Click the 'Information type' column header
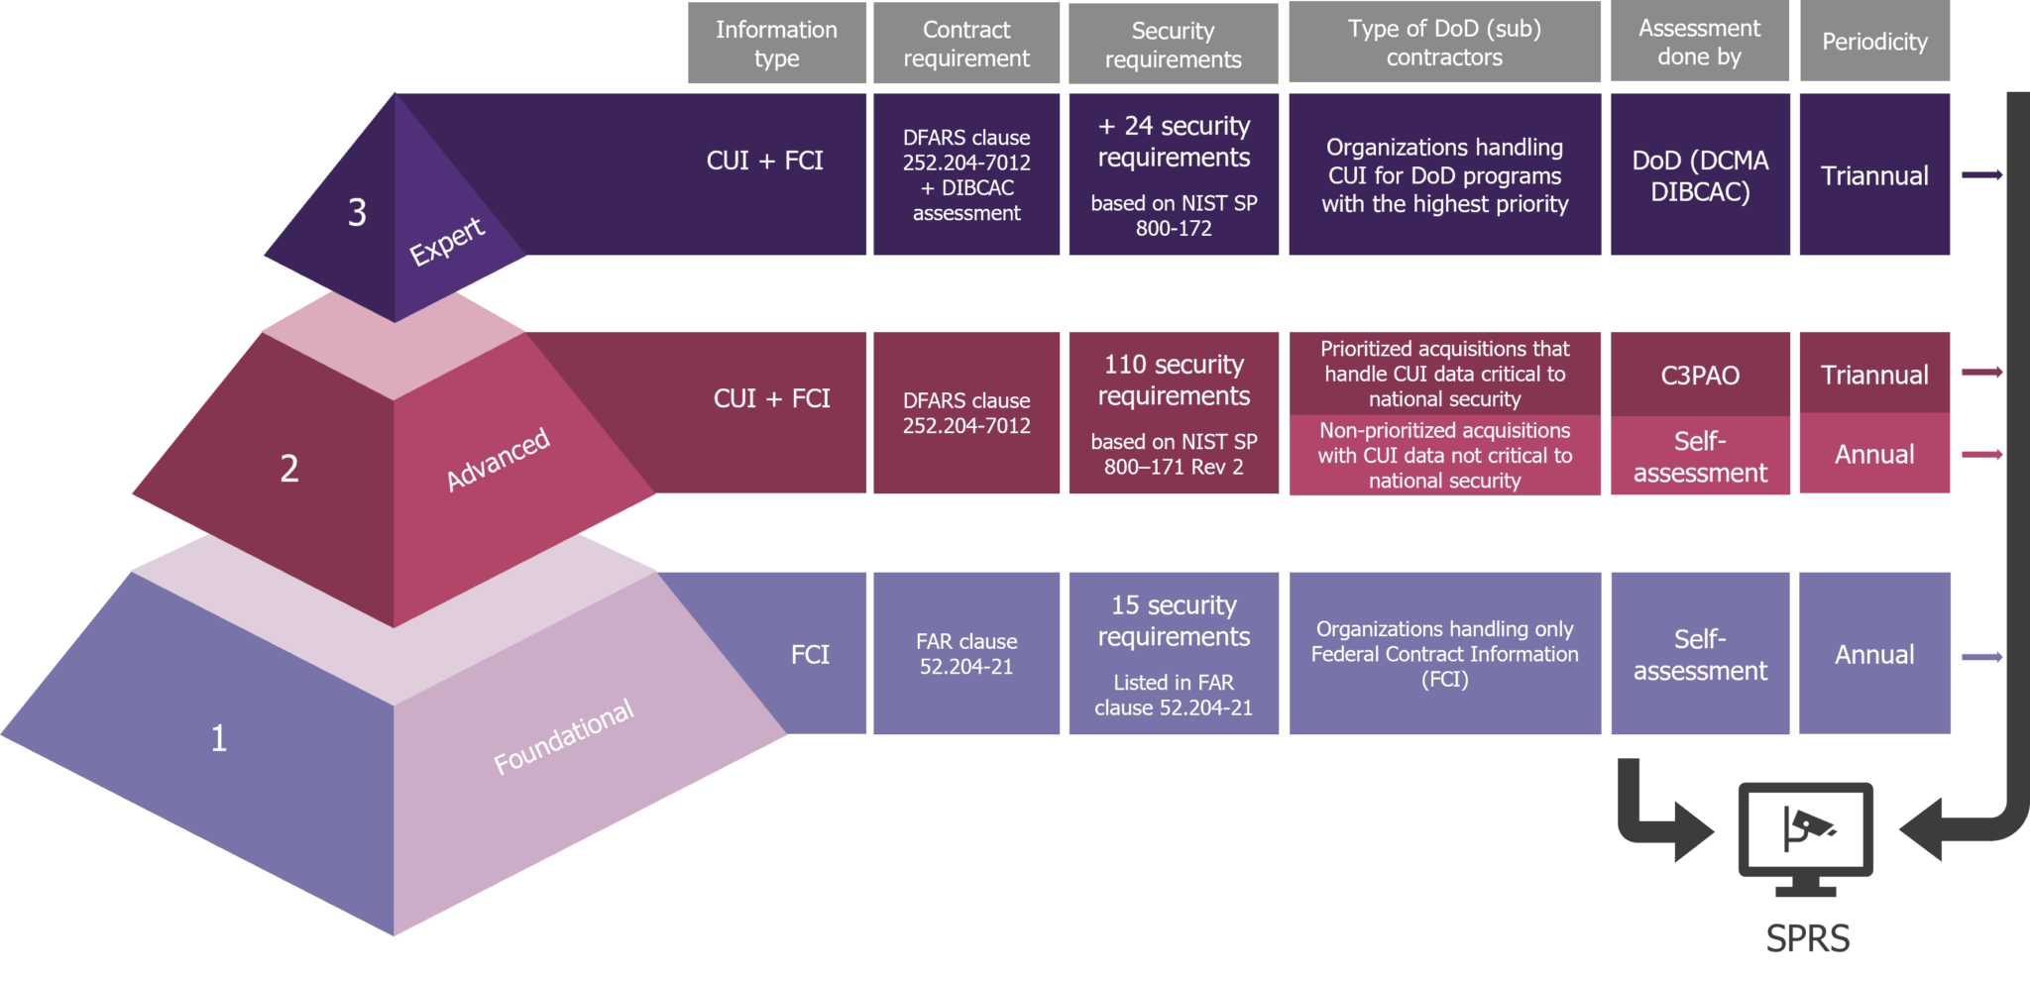tap(777, 44)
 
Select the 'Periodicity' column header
tap(1874, 42)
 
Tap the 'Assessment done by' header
tap(1699, 43)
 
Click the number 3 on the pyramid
tap(357, 212)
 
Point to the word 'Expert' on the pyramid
tap(447, 241)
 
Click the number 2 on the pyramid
tap(289, 468)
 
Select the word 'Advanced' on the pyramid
tap(498, 459)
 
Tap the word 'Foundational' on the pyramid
tap(563, 736)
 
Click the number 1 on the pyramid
tap(219, 738)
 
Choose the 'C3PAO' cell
tap(1700, 376)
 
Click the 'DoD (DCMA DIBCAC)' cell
tap(1700, 175)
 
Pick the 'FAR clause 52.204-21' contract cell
tap(966, 654)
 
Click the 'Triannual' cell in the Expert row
tap(1874, 175)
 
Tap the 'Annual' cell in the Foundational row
tap(1874, 654)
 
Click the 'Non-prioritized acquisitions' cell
tap(1444, 456)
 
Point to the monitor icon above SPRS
tap(1805, 832)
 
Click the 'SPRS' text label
tap(1807, 938)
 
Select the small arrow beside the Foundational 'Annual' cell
tap(1982, 657)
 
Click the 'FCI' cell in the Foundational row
tap(810, 654)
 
